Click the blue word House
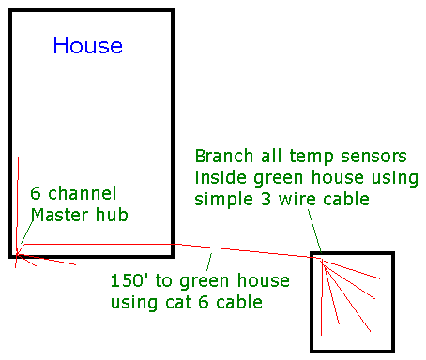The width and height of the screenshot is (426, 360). [x=87, y=45]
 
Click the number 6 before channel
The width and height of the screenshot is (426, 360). [x=36, y=194]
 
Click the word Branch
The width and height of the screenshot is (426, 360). [x=221, y=154]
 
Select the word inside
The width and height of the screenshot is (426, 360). [x=219, y=177]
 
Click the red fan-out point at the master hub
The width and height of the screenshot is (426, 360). [x=18, y=251]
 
